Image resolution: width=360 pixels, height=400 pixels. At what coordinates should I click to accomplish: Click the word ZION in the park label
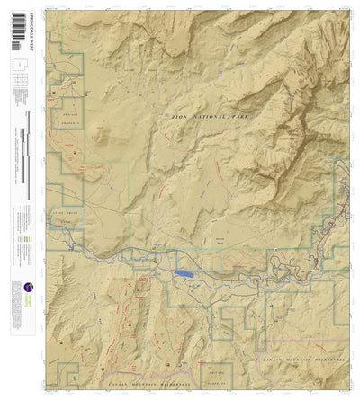point(170,118)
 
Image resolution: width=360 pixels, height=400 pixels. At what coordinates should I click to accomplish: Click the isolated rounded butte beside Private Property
point(101,135)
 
